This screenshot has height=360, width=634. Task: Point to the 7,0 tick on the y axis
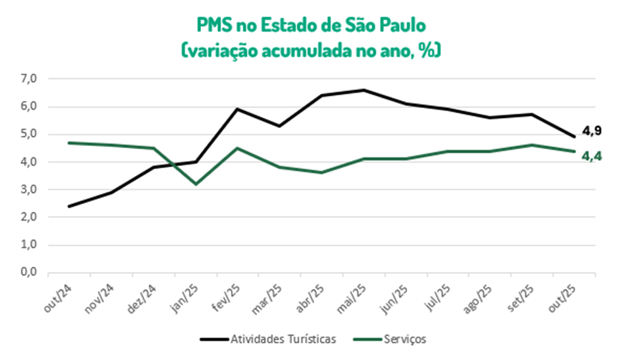click(x=29, y=79)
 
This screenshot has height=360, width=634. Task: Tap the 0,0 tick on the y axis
click(x=29, y=273)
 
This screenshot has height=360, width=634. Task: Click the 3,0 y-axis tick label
click(x=29, y=190)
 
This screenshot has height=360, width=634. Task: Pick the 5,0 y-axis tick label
click(x=29, y=135)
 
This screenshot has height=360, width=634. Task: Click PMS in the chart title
click(x=215, y=25)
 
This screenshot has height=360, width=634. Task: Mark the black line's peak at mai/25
click(x=364, y=90)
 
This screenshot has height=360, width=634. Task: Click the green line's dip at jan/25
click(x=195, y=184)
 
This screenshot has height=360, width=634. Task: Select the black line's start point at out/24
click(x=69, y=206)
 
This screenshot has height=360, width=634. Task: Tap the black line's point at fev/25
click(x=238, y=110)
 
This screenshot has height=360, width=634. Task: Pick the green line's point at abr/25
click(x=321, y=172)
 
